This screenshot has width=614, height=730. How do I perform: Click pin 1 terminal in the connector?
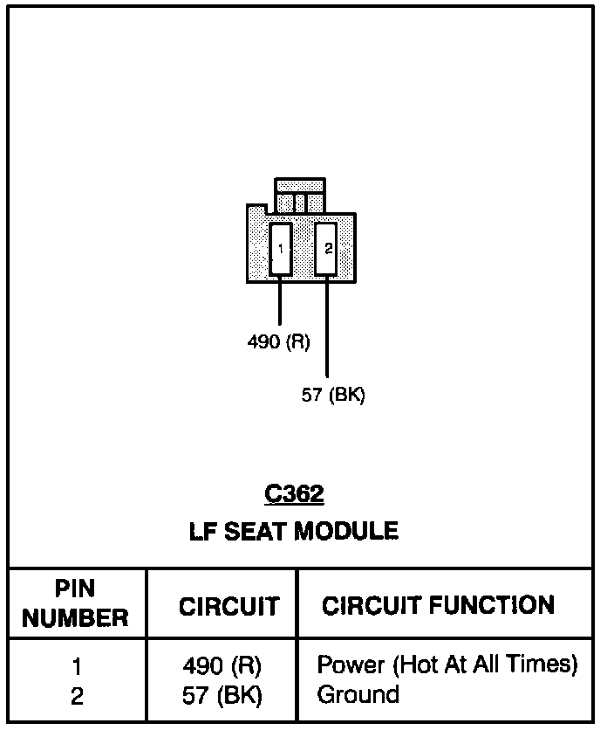pos(280,249)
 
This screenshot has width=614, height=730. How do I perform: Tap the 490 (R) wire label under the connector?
pos(279,341)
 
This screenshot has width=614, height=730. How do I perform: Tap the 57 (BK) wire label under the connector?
pos(333,395)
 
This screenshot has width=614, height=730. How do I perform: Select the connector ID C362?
pos(295,495)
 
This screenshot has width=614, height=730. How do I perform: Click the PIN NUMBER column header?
pos(75,603)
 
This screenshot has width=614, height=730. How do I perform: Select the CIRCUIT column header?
pos(229,606)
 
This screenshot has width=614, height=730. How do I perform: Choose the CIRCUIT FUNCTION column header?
pos(438,605)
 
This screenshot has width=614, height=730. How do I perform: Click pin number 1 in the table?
pos(77,667)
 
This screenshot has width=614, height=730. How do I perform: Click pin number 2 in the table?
pos(77,696)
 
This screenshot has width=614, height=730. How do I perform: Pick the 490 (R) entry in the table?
pos(222,666)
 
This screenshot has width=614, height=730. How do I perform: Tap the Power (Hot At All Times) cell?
pos(447,665)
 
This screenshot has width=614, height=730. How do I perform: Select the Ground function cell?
pos(358,695)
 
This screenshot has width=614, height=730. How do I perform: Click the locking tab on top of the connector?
pos(300,196)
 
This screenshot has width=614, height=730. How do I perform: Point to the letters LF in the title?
pos(201,531)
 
